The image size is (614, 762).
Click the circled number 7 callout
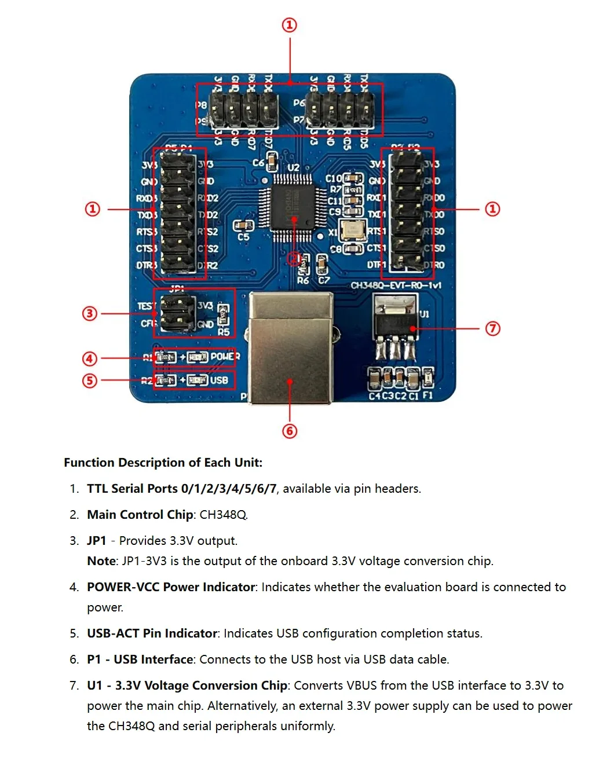(492, 328)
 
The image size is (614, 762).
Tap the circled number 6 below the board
(290, 431)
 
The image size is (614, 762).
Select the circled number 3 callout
(90, 313)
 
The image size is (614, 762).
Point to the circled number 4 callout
(90, 358)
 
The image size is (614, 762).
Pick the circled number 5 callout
(90, 380)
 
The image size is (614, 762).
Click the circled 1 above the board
(290, 25)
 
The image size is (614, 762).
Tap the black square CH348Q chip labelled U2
(293, 208)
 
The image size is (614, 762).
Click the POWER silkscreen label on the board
(225, 356)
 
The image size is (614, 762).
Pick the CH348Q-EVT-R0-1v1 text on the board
(396, 285)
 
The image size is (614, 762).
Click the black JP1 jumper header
(177, 313)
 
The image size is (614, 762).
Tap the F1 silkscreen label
(427, 395)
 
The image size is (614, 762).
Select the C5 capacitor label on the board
(243, 237)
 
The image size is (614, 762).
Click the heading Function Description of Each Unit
(163, 462)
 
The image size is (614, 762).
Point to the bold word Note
(101, 560)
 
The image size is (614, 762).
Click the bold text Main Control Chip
(140, 514)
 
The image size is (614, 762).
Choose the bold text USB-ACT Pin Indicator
(152, 633)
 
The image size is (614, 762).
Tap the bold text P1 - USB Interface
(140, 659)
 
